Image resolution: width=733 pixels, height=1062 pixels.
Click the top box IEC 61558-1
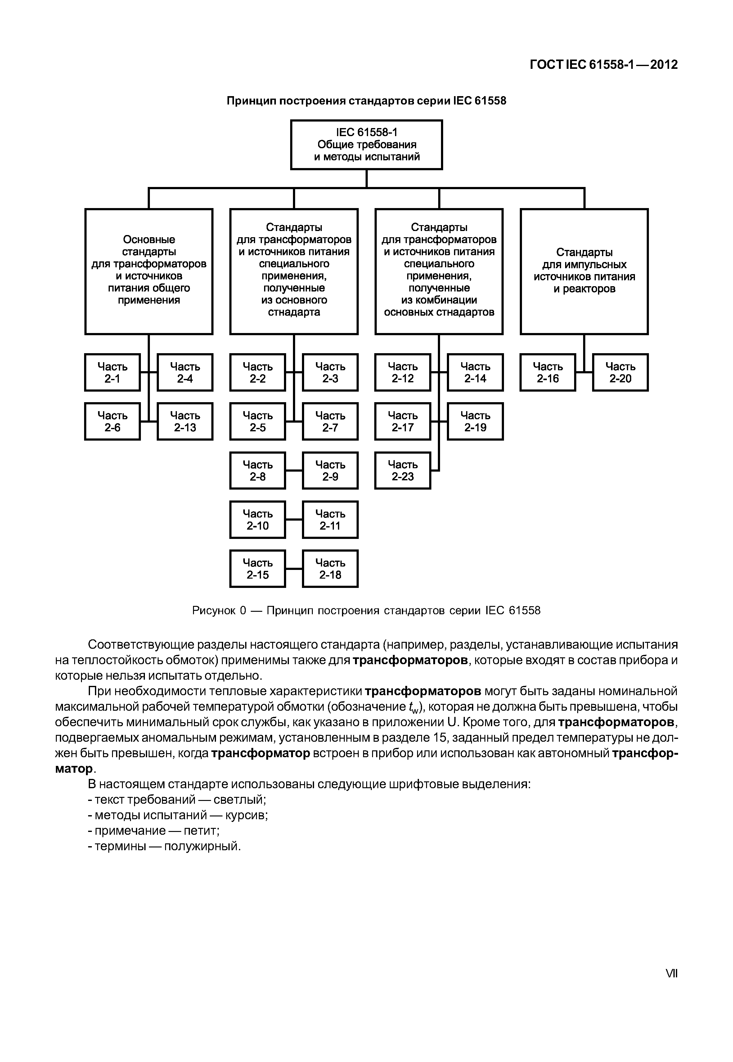click(x=366, y=144)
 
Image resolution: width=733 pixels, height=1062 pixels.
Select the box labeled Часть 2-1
click(x=113, y=372)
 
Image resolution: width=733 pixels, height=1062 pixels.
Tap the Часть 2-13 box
click(x=185, y=421)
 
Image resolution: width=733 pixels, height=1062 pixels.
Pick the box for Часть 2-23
click(x=403, y=470)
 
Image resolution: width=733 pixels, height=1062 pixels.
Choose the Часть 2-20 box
click(x=620, y=372)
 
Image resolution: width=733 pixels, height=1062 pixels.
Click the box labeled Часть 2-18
click(x=330, y=569)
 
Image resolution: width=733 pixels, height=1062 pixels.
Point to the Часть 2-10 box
click(x=258, y=519)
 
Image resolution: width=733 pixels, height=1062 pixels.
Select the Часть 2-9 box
click(x=330, y=470)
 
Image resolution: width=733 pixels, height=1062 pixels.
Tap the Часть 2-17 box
click(x=403, y=421)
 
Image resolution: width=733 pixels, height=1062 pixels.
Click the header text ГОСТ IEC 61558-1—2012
click(x=604, y=65)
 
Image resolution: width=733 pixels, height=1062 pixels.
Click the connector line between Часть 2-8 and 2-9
click(x=294, y=470)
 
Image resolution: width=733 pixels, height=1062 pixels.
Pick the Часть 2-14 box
click(x=475, y=372)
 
